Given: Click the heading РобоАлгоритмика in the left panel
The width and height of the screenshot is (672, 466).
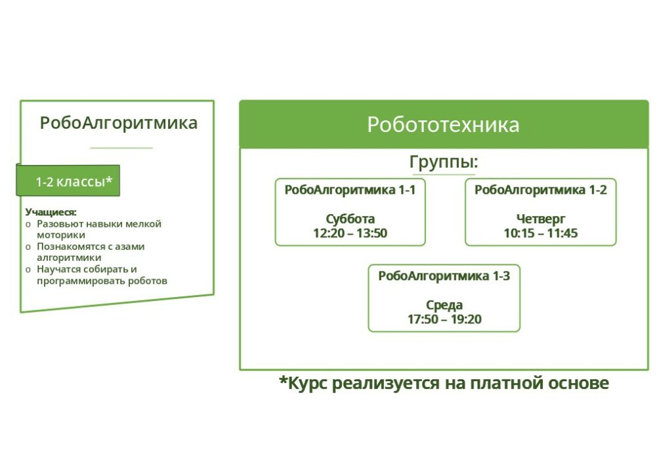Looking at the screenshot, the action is [x=119, y=123].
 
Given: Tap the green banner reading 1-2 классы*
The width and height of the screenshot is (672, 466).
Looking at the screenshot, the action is [x=68, y=181].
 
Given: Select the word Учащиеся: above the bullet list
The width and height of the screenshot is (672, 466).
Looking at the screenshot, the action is [x=51, y=212].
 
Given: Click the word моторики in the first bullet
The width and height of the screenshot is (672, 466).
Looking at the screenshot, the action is [x=61, y=235].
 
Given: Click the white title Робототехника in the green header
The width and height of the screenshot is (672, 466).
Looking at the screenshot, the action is [x=443, y=125].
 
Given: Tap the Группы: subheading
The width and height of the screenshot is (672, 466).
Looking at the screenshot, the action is [x=444, y=162].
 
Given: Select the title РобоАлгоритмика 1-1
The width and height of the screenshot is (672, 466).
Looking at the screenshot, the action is [x=350, y=190].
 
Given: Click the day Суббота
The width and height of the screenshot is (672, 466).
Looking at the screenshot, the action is [x=350, y=219].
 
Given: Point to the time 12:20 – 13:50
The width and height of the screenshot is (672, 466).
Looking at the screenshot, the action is [x=350, y=233].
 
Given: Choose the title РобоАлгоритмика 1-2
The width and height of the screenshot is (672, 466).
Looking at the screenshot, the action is [x=541, y=190].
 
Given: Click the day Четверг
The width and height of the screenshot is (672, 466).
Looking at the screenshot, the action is [x=541, y=220].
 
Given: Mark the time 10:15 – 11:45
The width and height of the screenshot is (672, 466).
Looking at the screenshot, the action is [x=541, y=233].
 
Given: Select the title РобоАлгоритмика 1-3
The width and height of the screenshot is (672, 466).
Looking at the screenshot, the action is [x=444, y=276].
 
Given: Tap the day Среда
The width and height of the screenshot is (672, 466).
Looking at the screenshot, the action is [x=444, y=305].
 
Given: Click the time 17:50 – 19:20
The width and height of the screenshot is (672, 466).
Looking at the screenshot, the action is [x=444, y=319].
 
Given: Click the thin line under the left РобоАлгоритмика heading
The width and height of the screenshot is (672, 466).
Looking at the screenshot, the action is [x=121, y=148].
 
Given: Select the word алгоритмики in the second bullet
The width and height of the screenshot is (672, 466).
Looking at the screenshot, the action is [x=69, y=258].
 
